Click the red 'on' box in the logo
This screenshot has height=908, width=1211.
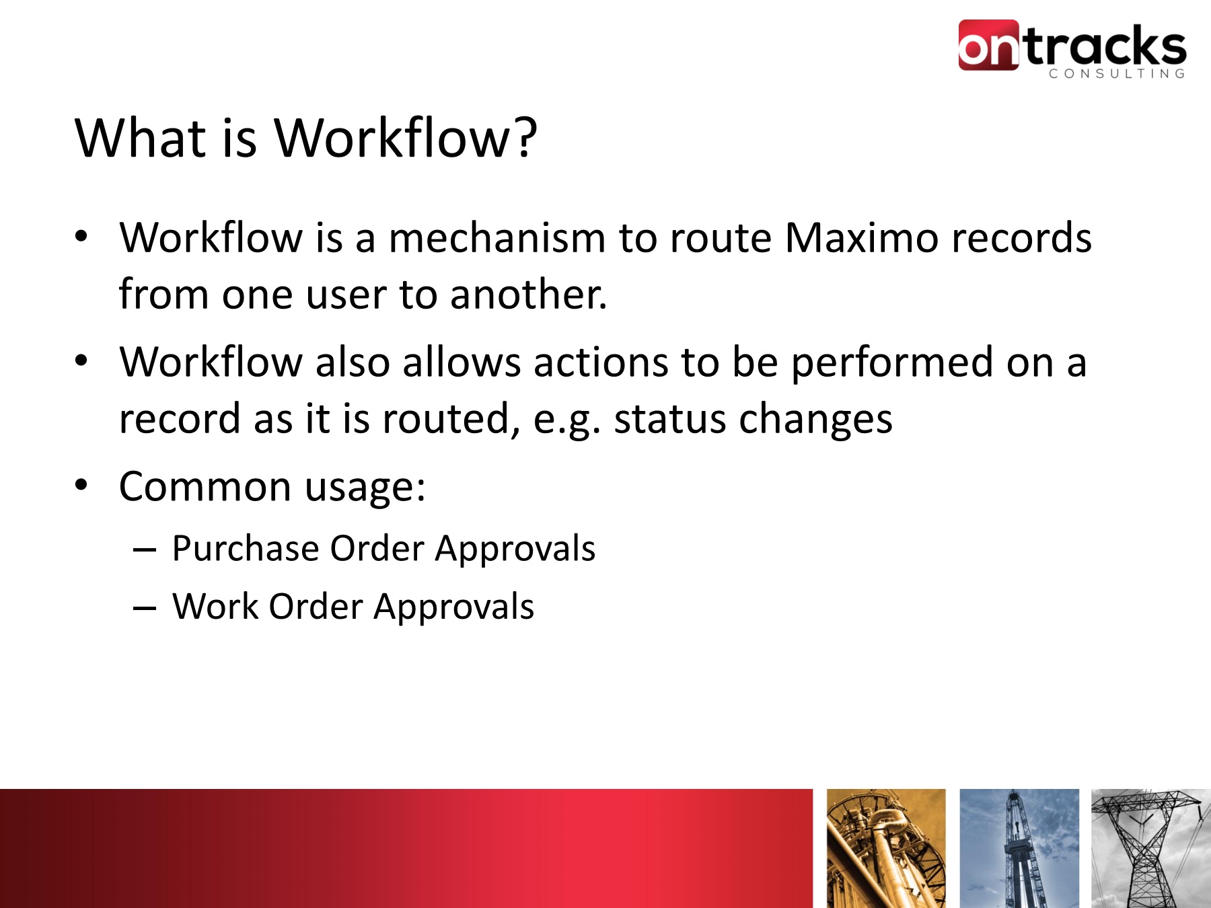tap(988, 45)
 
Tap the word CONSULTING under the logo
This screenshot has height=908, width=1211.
tap(1117, 74)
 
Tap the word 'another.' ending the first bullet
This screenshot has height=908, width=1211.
tap(528, 295)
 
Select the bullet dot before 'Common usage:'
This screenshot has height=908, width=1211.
tap(81, 485)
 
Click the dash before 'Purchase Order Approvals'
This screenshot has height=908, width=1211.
tap(145, 551)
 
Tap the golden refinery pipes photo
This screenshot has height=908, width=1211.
tap(886, 848)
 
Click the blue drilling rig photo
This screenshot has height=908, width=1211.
tap(1019, 848)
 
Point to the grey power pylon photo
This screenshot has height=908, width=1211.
tap(1151, 848)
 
